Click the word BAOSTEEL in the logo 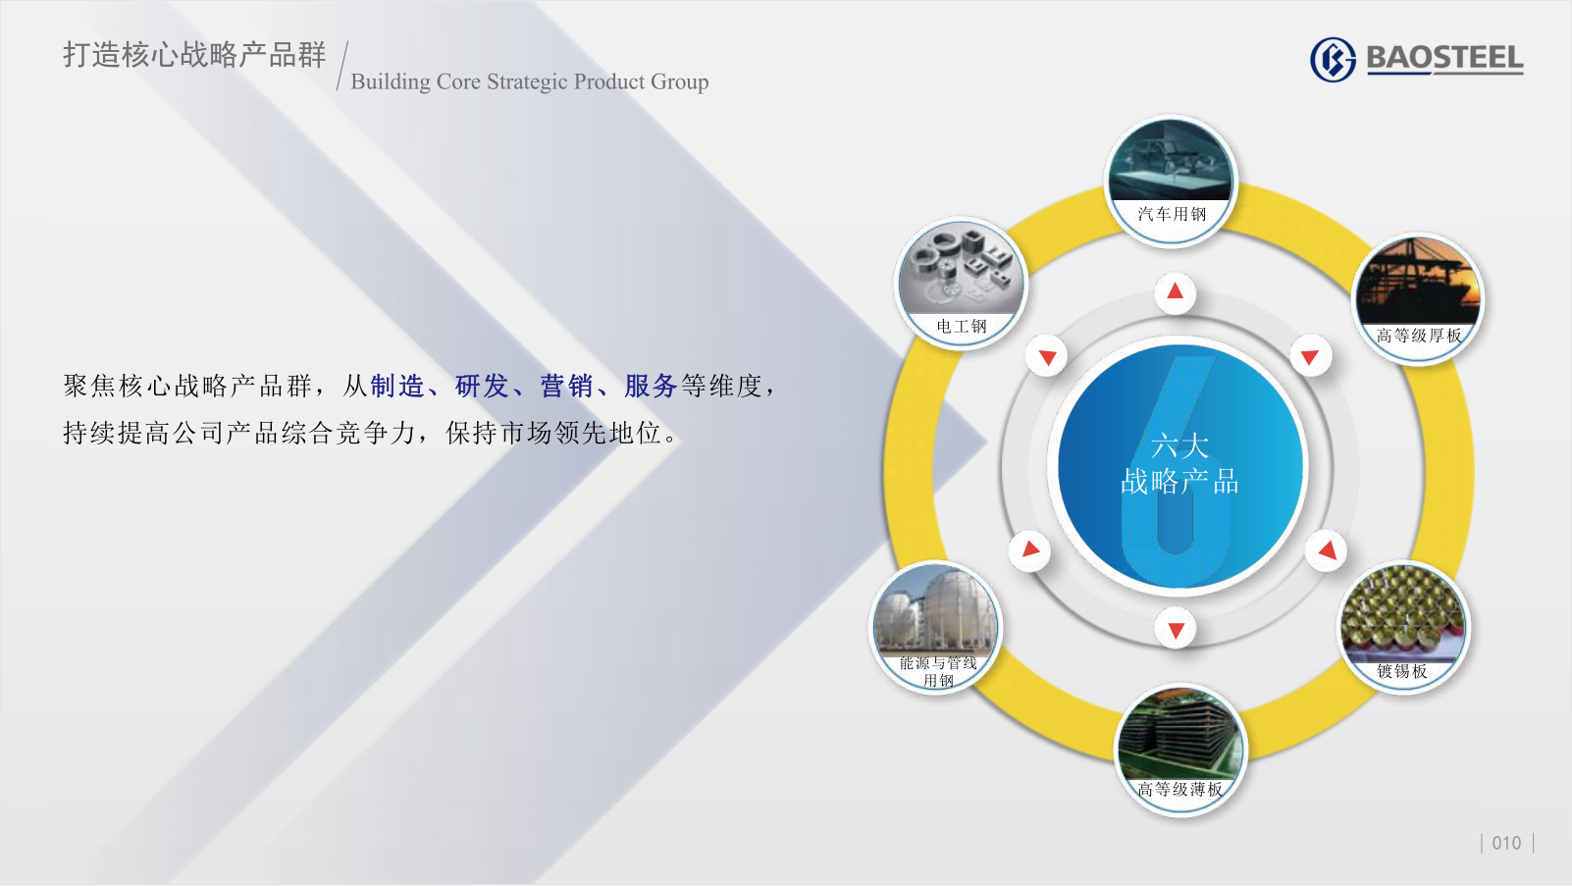(1445, 58)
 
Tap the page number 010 (1506, 843)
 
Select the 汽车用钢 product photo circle (1171, 181)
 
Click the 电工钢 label (962, 326)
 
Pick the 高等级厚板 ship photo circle (1418, 298)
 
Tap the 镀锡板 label (1402, 671)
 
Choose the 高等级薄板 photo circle (1179, 750)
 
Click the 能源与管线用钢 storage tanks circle (937, 626)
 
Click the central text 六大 (1179, 446)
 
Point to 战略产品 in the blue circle (1179, 482)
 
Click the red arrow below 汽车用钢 (1176, 291)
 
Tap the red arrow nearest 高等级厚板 (1310, 357)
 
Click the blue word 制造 (398, 386)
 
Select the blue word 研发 (482, 386)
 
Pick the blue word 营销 (566, 386)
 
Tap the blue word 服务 (651, 386)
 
